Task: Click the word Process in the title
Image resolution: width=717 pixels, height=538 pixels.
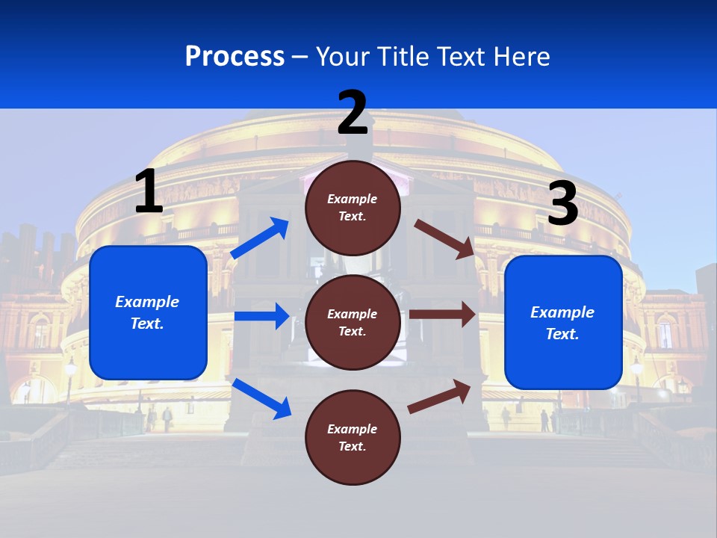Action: pos(235,56)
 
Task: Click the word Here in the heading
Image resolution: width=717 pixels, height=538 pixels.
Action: pos(521,56)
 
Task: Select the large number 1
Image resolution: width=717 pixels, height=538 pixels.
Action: pos(149,191)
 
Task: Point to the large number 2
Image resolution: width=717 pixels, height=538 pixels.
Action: pos(353,113)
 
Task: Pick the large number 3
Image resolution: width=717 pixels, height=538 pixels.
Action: pos(562,204)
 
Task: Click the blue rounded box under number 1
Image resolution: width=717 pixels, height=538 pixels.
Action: pos(148,312)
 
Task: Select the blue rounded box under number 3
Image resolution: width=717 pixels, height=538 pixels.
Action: pos(563,322)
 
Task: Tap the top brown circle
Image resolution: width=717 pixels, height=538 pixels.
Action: pos(353,208)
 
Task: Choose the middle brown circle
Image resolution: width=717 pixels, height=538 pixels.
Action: pos(353,322)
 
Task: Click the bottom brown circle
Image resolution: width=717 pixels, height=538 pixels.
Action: pos(353,437)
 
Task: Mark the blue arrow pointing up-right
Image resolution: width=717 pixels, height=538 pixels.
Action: pos(260,238)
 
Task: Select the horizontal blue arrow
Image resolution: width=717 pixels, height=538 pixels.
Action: pos(261,316)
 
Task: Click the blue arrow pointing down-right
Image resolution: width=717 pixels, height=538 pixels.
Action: pos(261,398)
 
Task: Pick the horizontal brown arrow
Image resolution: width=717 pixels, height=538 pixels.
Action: pos(442,315)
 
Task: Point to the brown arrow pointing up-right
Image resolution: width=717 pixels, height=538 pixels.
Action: pos(439,396)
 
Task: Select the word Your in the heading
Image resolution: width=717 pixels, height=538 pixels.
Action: pos(343,56)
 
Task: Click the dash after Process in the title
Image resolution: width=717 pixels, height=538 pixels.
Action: pos(300,57)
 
